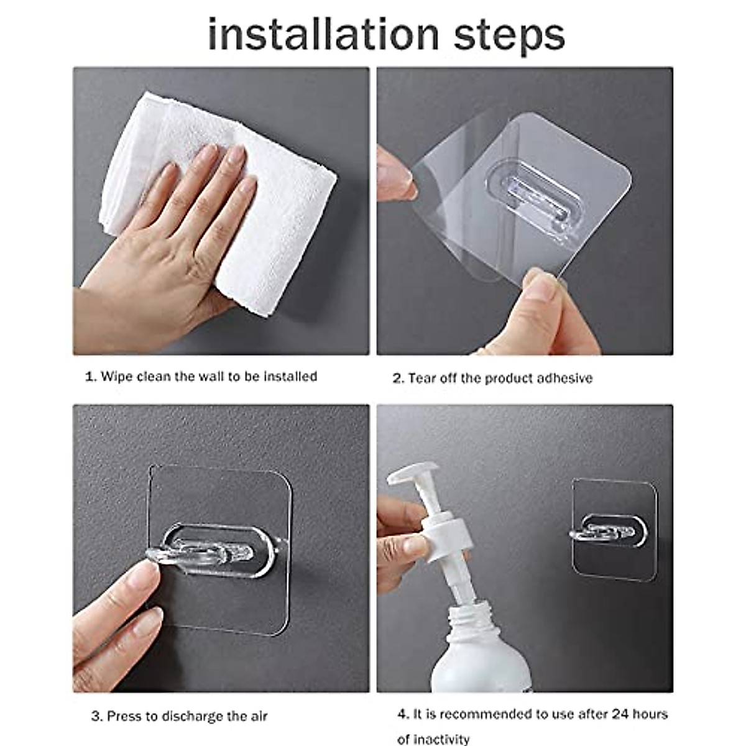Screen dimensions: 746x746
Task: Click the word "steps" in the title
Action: pos(509,36)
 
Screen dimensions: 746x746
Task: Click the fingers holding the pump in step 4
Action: pos(401,541)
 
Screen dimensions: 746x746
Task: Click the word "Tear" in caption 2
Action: pos(423,379)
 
